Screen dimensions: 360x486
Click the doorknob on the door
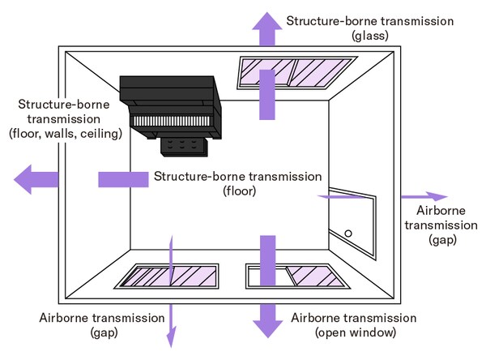[348, 234]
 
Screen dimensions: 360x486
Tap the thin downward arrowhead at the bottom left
[170, 337]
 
